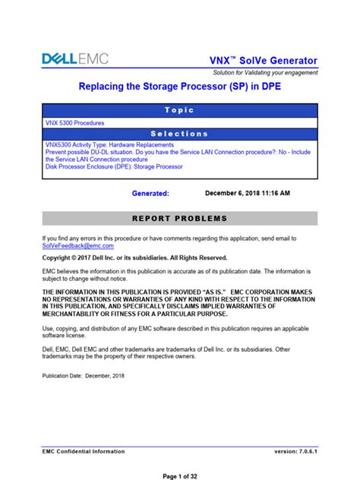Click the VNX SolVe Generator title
(264, 60)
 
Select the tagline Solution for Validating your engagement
(265, 73)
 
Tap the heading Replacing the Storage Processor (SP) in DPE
(179, 89)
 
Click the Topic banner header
(179, 110)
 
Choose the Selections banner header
(179, 134)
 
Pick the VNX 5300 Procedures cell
(75, 122)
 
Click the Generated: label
(150, 194)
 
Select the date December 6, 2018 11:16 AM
(248, 194)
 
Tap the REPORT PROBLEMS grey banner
(179, 219)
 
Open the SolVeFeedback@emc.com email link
(77, 246)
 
